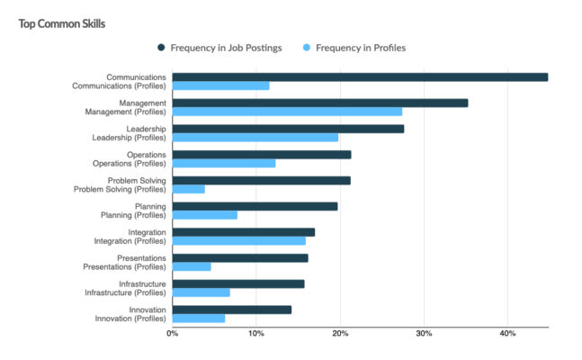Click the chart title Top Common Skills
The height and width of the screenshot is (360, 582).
[x=62, y=23]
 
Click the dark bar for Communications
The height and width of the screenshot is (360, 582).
[x=360, y=77]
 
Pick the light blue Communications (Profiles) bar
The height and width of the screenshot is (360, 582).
[x=220, y=86]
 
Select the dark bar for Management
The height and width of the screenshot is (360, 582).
[x=319, y=103]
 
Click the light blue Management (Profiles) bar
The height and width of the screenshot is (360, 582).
[x=287, y=112]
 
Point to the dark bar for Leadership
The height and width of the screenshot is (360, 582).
[x=288, y=129]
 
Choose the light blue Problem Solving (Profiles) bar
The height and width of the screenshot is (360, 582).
[x=188, y=189]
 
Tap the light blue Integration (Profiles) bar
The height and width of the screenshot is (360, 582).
[x=238, y=241]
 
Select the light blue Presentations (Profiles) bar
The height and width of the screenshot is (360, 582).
[x=191, y=266]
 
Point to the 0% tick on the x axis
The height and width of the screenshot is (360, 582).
[x=172, y=332]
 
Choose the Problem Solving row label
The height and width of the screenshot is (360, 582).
[x=137, y=180]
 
